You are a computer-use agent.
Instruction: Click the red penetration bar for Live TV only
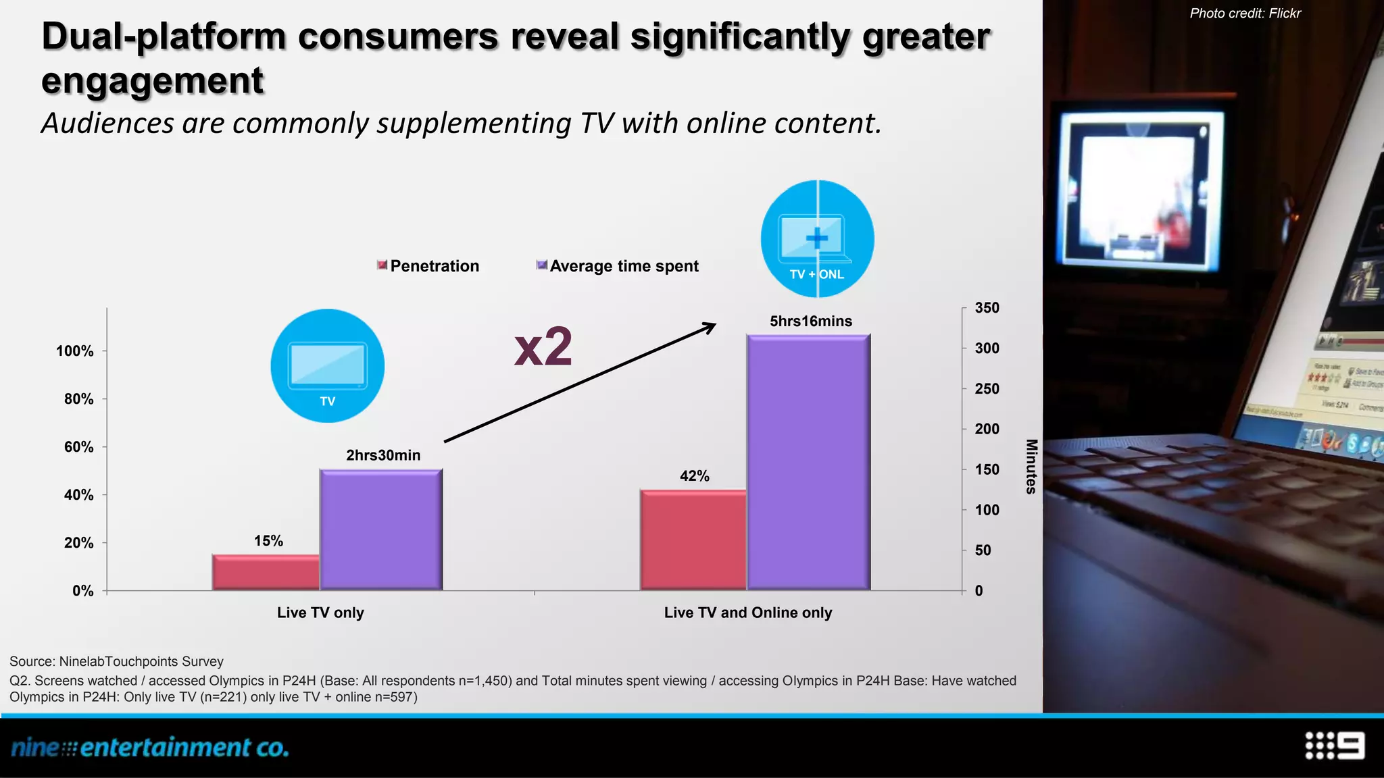(x=266, y=573)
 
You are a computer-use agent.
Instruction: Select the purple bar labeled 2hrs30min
(x=381, y=530)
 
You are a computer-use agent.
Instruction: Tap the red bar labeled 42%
(x=693, y=540)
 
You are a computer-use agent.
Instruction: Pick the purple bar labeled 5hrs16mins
(x=808, y=463)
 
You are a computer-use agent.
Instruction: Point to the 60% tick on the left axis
(x=78, y=447)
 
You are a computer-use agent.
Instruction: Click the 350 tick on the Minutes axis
(x=987, y=308)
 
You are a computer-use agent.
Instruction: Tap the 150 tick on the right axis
(x=987, y=469)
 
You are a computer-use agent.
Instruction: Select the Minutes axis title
(x=1031, y=467)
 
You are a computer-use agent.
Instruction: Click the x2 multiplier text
(x=543, y=347)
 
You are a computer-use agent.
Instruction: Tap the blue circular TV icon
(x=328, y=366)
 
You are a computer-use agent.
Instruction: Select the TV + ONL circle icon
(x=817, y=239)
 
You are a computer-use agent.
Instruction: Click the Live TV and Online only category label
(x=747, y=613)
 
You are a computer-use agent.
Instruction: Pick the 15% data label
(x=268, y=541)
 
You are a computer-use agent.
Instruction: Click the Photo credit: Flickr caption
(x=1245, y=14)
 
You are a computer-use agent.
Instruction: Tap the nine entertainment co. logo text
(x=150, y=748)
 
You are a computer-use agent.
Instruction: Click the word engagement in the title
(x=152, y=80)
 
